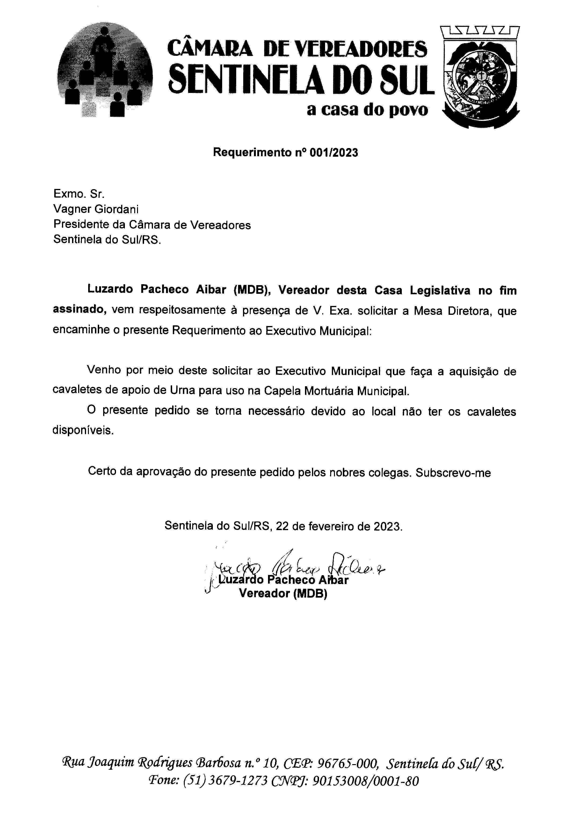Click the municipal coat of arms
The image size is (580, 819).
480,77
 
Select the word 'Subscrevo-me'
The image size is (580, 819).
453,473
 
